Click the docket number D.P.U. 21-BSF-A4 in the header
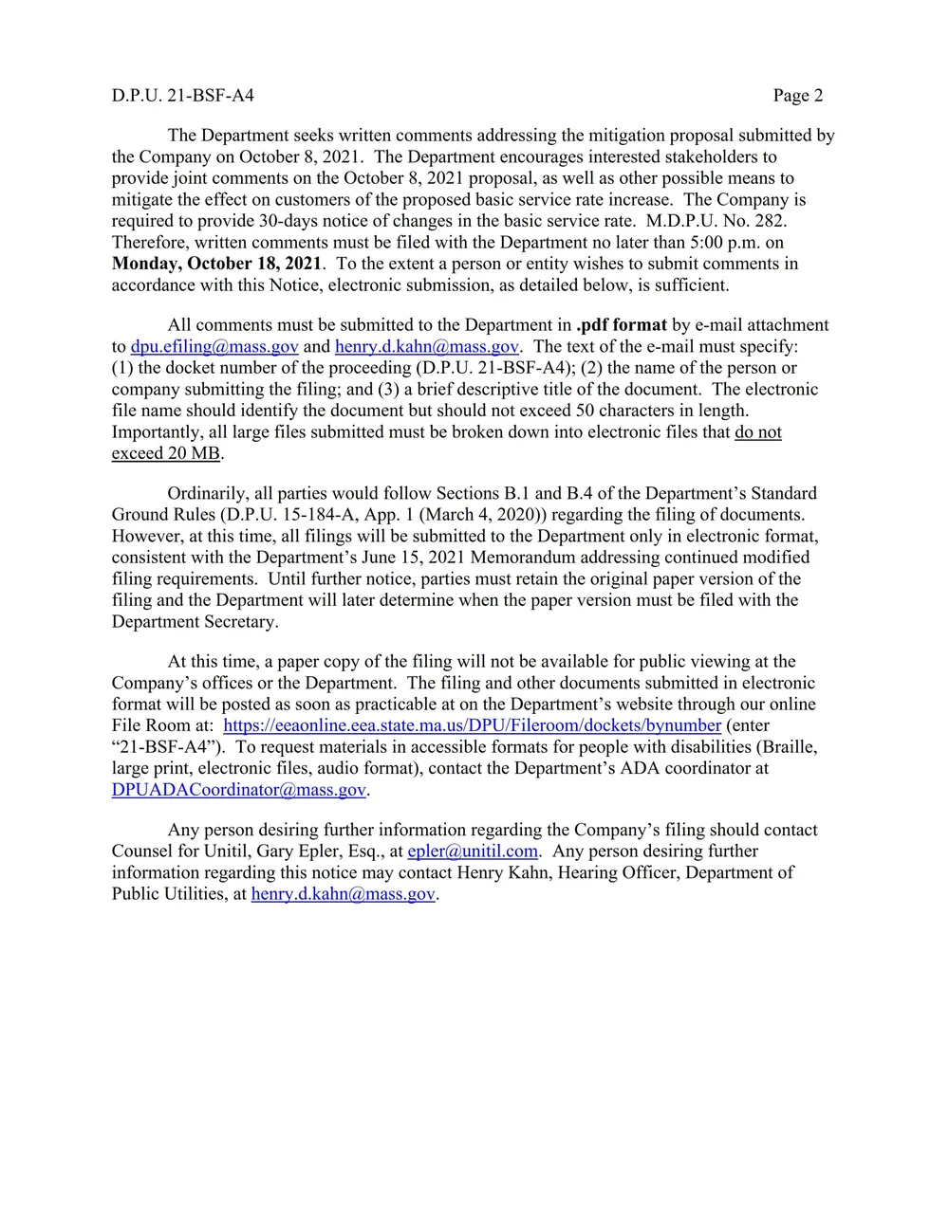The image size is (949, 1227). pyautogui.click(x=182, y=95)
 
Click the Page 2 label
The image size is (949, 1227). pyautogui.click(x=797, y=95)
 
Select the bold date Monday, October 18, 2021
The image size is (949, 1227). pyautogui.click(x=216, y=264)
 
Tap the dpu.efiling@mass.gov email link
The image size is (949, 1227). pyautogui.click(x=214, y=346)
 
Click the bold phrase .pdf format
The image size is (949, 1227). pyautogui.click(x=621, y=325)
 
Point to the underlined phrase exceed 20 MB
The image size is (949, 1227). pyautogui.click(x=166, y=453)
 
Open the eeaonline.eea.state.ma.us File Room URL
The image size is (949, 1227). pyautogui.click(x=472, y=725)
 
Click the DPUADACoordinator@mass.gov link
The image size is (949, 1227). pyautogui.click(x=238, y=790)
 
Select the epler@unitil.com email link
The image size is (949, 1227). pyautogui.click(x=472, y=852)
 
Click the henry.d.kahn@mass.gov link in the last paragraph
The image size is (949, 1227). pyautogui.click(x=343, y=894)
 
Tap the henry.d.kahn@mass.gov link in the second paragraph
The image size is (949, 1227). pyautogui.click(x=426, y=346)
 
